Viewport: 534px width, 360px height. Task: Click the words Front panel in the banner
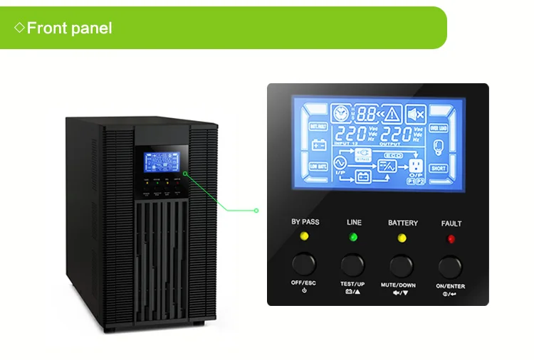[69, 28]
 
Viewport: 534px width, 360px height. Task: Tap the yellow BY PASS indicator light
[305, 235]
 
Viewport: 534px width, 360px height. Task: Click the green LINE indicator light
[354, 235]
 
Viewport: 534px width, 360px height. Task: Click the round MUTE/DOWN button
[401, 265]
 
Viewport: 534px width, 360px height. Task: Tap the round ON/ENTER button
[450, 266]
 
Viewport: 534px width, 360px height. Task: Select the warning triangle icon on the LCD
[392, 113]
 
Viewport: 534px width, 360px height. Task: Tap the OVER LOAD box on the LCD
[438, 129]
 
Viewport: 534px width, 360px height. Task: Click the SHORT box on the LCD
[438, 169]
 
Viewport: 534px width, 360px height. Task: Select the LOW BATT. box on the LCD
[318, 165]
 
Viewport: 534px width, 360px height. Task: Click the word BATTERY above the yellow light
[403, 223]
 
